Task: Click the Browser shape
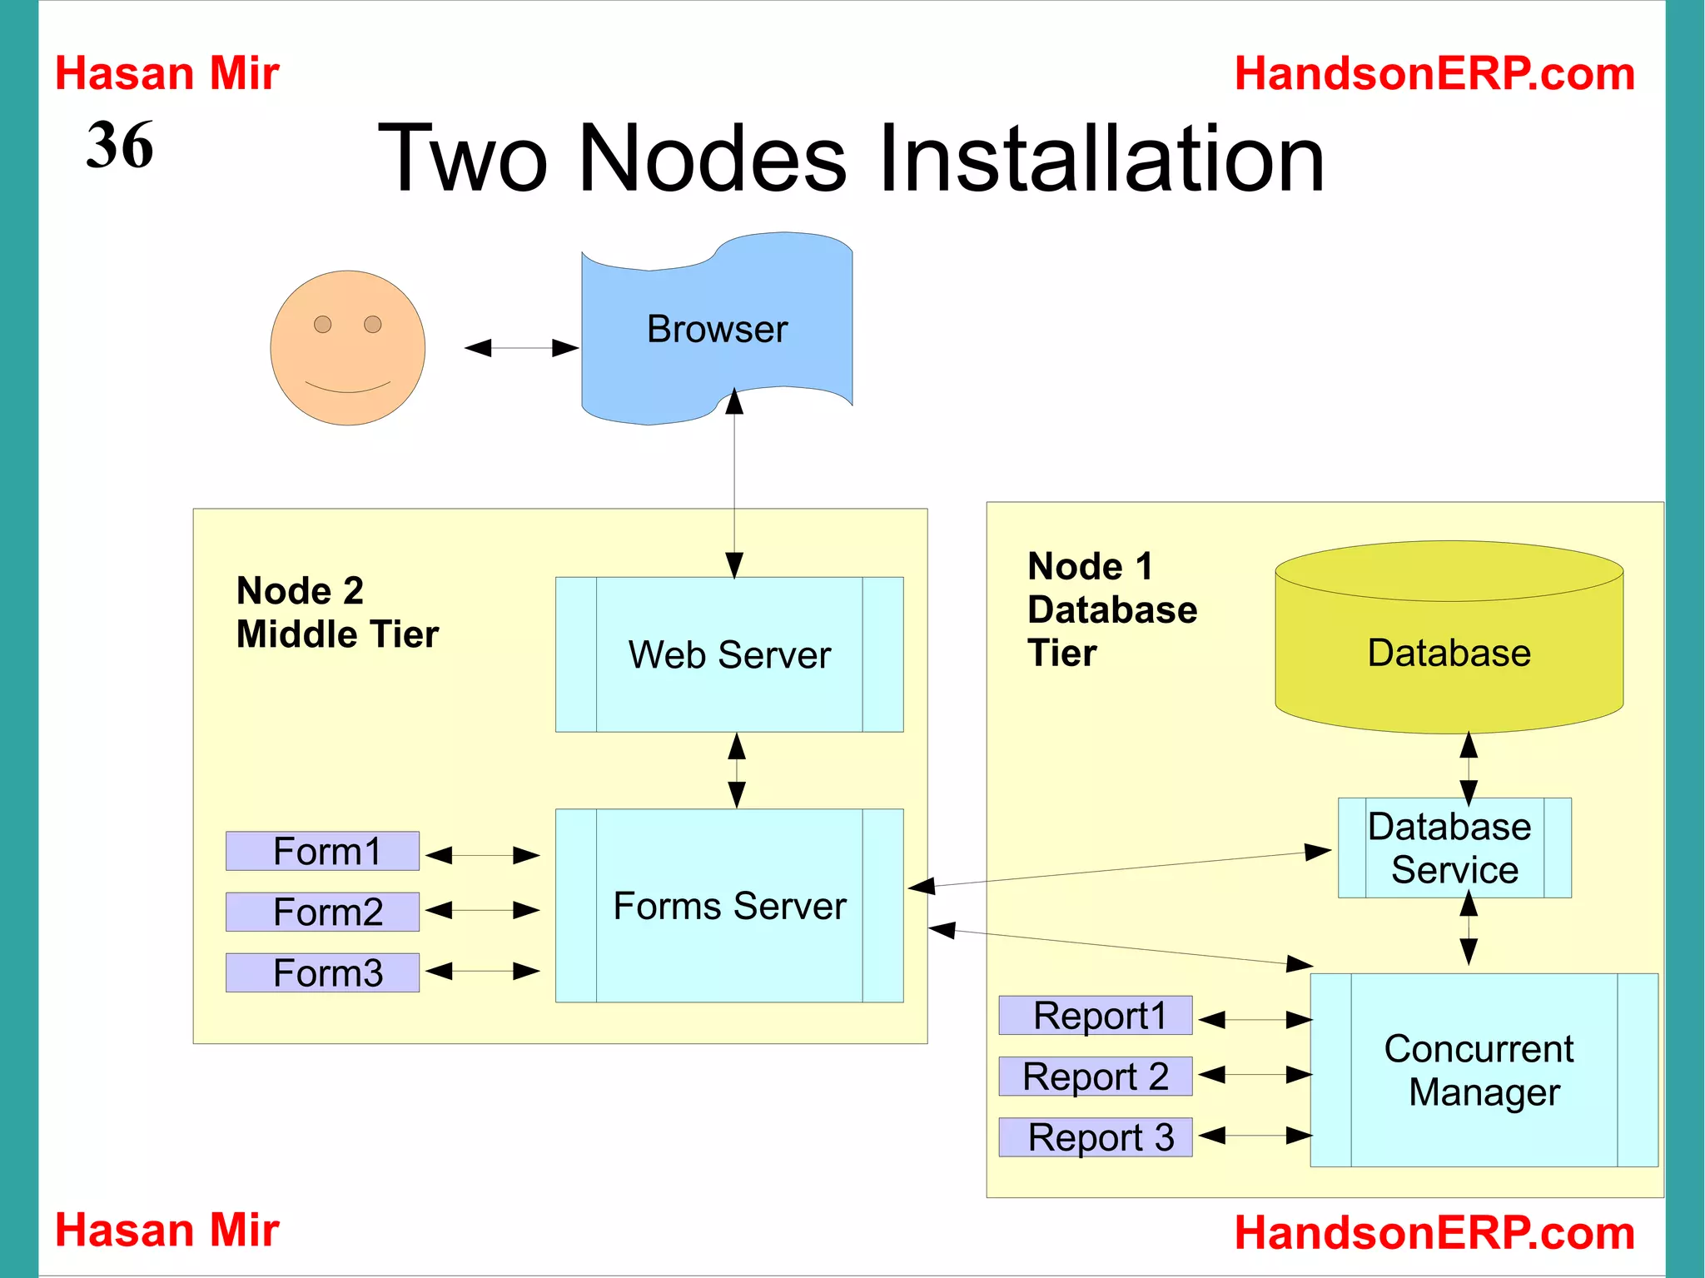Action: (717, 330)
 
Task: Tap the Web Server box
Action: (729, 654)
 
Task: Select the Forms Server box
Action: (729, 906)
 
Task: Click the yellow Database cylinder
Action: (1449, 653)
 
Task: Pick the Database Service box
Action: (1454, 848)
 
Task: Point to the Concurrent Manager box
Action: (1483, 1070)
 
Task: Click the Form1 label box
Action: (323, 851)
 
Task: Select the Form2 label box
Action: (323, 912)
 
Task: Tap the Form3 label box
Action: (323, 972)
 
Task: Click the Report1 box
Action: (1096, 1016)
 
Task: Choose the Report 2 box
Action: (1096, 1077)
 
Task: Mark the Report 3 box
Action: (1096, 1137)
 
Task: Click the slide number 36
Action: (120, 146)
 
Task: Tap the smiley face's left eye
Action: (323, 324)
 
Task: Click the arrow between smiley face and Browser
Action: (522, 348)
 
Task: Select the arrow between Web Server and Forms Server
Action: (737, 770)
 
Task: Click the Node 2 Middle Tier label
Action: (336, 613)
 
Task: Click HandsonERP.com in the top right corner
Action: (1434, 73)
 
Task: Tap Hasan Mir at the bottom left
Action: (167, 1230)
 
